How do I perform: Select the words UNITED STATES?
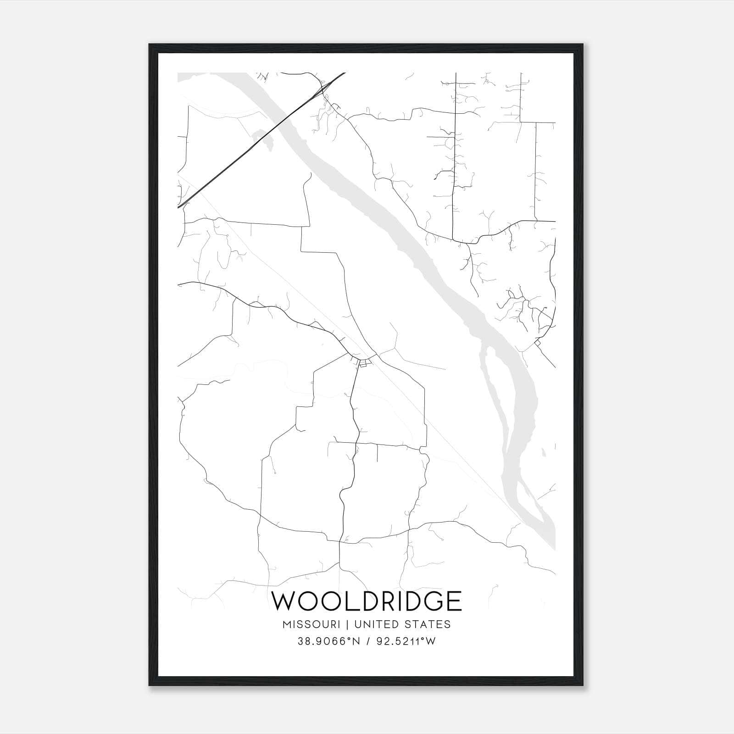pyautogui.click(x=403, y=624)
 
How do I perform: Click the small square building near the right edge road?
pyautogui.click(x=537, y=343)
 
